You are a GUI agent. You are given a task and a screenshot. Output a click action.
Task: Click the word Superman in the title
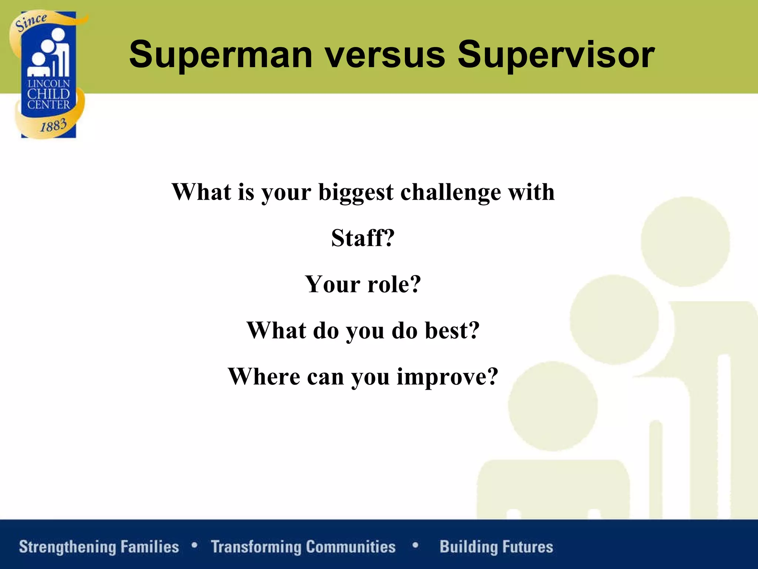click(221, 55)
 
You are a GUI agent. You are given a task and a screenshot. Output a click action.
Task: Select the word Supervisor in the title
click(556, 55)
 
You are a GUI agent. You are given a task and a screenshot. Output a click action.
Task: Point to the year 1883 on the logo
click(53, 125)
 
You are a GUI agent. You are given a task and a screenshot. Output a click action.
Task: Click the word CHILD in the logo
click(48, 94)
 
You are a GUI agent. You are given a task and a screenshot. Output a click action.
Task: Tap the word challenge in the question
click(450, 192)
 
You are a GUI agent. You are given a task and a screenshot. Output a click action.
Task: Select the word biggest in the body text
click(356, 193)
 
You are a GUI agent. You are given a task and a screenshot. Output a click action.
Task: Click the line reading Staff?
click(363, 238)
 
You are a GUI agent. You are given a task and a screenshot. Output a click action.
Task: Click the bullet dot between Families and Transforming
click(194, 545)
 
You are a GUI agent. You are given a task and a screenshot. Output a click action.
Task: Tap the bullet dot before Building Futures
click(415, 545)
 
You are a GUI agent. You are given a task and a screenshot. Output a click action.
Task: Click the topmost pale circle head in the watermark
click(685, 242)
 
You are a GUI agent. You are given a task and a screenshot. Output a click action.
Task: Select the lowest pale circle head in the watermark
click(553, 406)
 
